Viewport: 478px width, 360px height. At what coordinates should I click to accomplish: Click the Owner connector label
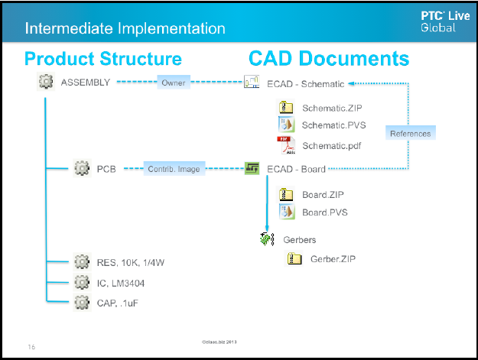174,83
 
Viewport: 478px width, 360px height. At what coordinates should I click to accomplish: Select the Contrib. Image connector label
174,168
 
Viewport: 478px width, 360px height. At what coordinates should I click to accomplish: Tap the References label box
410,133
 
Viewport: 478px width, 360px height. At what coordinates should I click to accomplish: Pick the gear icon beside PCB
83,168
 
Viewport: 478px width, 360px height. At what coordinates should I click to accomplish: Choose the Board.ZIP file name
323,195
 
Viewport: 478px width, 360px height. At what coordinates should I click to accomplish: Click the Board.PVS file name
324,212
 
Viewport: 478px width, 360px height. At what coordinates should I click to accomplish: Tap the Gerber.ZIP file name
333,259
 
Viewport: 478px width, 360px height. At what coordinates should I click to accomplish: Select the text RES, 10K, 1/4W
130,263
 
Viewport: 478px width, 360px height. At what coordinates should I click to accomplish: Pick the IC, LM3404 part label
121,283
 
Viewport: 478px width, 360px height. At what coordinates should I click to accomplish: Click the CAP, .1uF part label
117,303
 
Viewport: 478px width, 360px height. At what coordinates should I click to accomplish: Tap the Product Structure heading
102,59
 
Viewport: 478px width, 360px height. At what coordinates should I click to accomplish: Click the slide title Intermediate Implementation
125,29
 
